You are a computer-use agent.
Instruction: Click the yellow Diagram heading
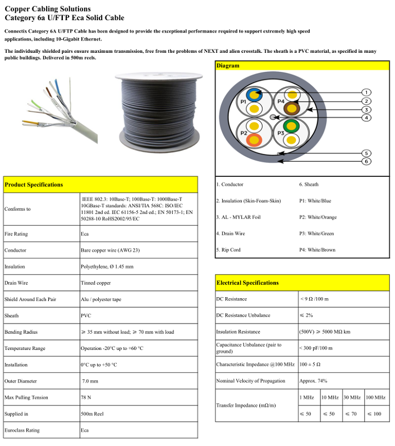click(x=228, y=66)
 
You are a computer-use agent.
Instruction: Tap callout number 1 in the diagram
click(x=365, y=92)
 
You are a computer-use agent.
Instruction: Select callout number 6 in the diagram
click(x=365, y=161)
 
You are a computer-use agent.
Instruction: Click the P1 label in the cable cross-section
click(x=243, y=102)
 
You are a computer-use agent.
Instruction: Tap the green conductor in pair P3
click(x=291, y=126)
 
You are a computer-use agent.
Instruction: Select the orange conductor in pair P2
click(x=255, y=139)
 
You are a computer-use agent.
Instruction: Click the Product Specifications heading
click(x=34, y=184)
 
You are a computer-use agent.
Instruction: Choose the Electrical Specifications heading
click(x=247, y=283)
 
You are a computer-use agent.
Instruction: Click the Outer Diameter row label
click(x=21, y=381)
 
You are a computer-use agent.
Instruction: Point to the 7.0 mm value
click(x=90, y=381)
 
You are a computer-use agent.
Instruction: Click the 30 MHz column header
click(x=353, y=398)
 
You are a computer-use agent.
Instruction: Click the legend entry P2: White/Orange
click(x=318, y=217)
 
